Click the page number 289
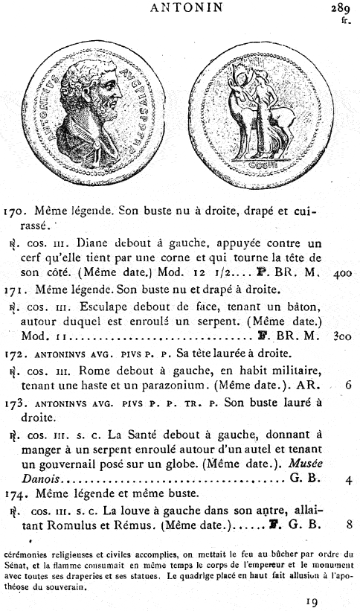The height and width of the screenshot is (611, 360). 341,9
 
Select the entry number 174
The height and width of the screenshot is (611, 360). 14,496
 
